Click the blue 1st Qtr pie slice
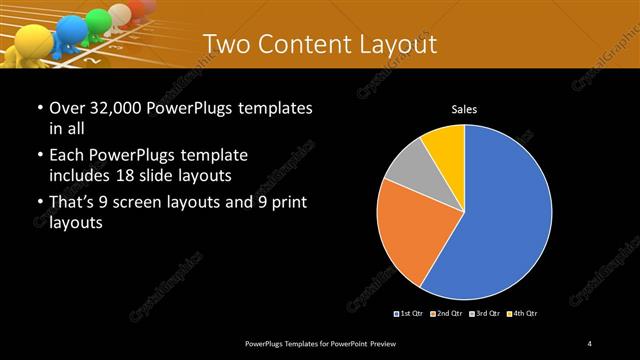(505, 215)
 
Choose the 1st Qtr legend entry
(409, 314)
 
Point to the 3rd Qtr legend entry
(484, 314)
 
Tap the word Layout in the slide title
(399, 44)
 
